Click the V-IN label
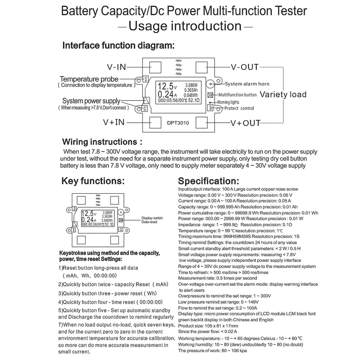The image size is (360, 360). [x=117, y=67]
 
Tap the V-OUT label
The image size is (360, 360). [x=244, y=67]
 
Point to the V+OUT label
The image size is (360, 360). [x=245, y=123]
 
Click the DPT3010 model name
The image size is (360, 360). [x=178, y=123]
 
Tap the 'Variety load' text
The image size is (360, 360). [x=283, y=95]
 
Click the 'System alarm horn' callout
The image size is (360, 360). [x=247, y=84]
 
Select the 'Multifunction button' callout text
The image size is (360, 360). [x=237, y=95]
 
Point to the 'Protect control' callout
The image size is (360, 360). [x=239, y=108]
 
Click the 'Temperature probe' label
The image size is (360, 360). [x=89, y=79]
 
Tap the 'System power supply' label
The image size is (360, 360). [x=91, y=101]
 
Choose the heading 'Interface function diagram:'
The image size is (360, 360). [x=118, y=46]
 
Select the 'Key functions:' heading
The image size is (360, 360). [x=93, y=181]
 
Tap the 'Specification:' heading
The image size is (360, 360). [x=208, y=181]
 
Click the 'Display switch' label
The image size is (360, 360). [x=152, y=218]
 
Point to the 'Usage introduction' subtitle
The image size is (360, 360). [x=185, y=26]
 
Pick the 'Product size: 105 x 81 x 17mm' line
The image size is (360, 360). [x=208, y=326]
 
